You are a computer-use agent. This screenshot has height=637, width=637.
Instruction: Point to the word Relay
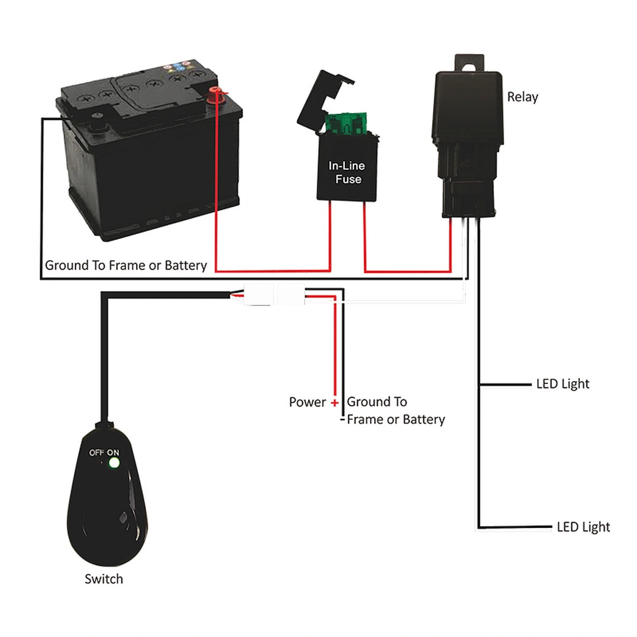click(x=522, y=97)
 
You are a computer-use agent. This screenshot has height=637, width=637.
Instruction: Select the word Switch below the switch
click(x=104, y=579)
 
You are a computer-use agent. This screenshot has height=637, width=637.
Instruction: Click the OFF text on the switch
click(x=97, y=453)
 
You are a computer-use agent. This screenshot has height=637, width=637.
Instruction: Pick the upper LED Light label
click(x=562, y=384)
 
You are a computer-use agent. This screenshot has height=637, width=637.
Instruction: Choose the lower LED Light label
click(x=583, y=527)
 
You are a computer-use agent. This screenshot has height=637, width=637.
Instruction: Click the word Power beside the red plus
click(x=307, y=402)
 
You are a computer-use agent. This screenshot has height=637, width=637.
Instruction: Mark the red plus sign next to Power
click(x=334, y=403)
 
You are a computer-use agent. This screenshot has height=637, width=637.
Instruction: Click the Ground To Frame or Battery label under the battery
click(x=126, y=266)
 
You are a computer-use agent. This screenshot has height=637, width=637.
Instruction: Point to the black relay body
click(x=468, y=116)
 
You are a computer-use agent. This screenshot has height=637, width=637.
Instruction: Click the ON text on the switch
click(x=113, y=453)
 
